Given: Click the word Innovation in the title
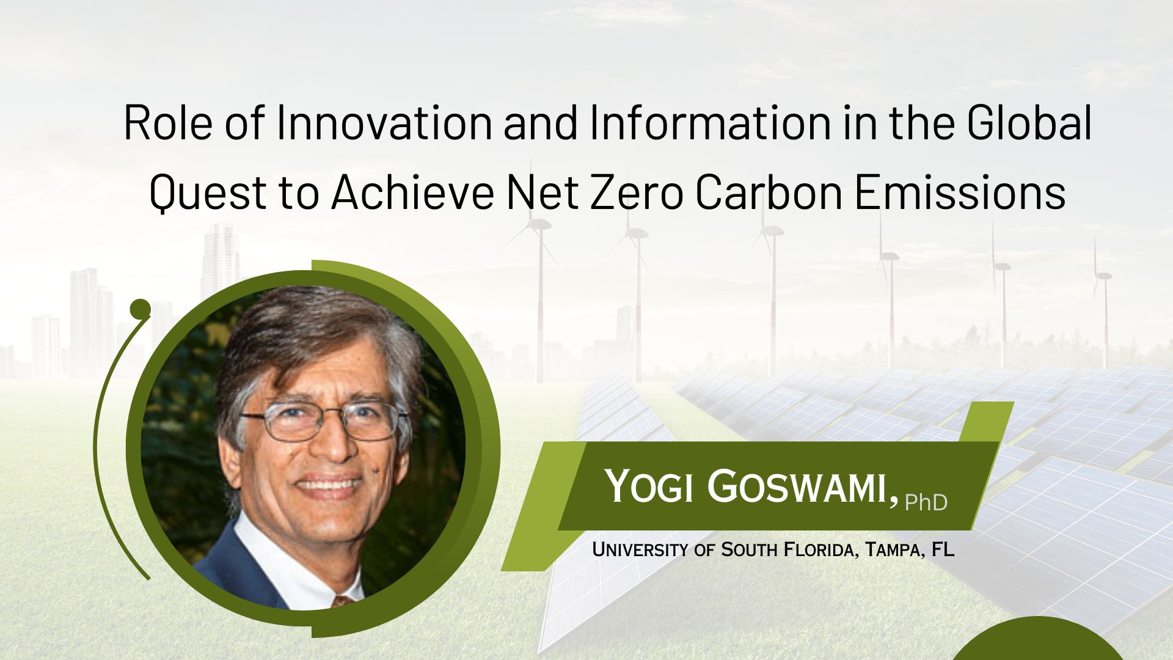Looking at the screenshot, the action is [x=384, y=122].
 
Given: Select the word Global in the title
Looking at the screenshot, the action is [x=1028, y=122].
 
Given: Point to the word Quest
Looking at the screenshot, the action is [x=208, y=192].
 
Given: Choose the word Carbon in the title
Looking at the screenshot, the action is [x=769, y=192].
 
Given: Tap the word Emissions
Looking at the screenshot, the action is [x=960, y=192].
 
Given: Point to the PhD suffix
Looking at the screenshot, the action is [x=926, y=502].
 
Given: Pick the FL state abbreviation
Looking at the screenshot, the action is [x=943, y=549].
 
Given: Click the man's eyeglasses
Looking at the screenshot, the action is [x=326, y=422].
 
